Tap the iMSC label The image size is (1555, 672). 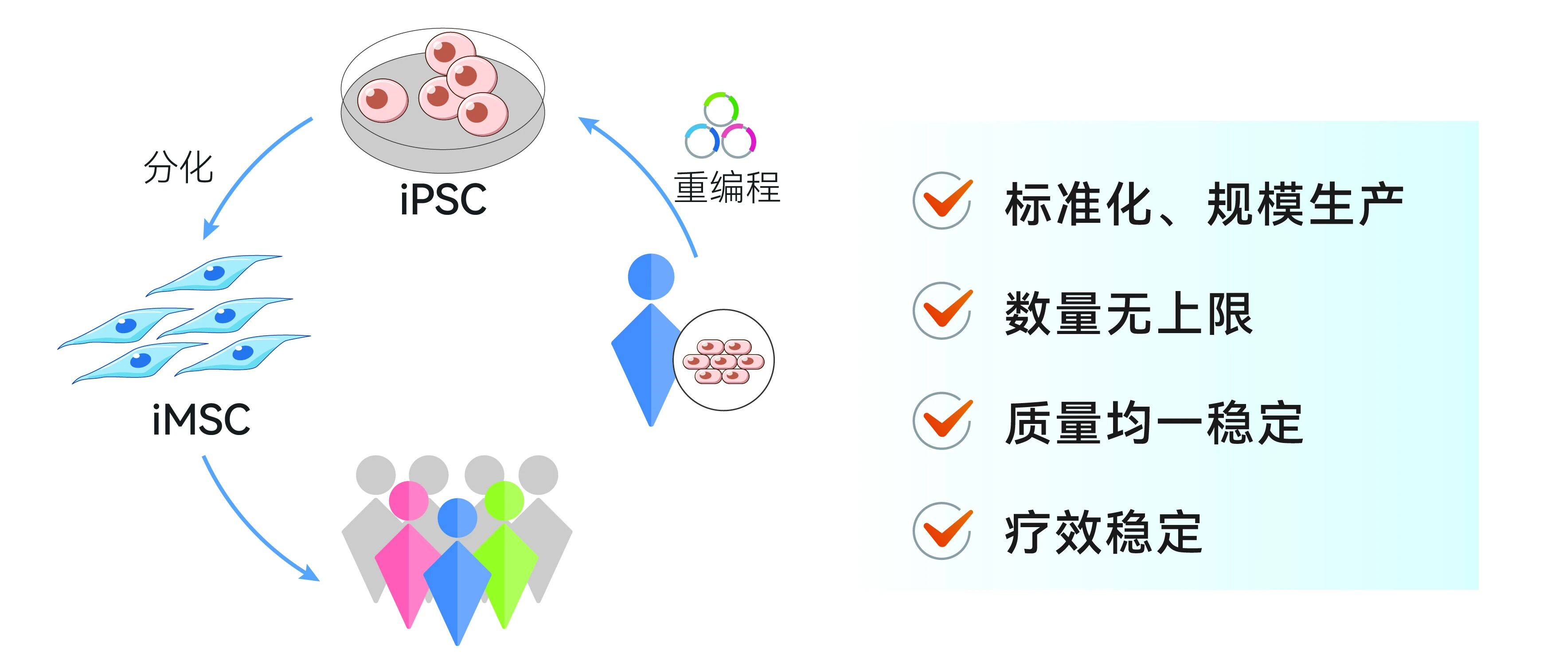pyautogui.click(x=201, y=419)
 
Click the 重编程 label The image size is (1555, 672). pyautogui.click(x=727, y=188)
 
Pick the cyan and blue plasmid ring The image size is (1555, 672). pyautogui.click(x=701, y=140)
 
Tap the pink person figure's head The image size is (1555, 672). pyautogui.click(x=409, y=501)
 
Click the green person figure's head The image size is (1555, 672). pyautogui.click(x=504, y=501)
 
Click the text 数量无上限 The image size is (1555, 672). pyautogui.click(x=1128, y=313)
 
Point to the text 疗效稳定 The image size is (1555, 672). pyautogui.click(x=1103, y=532)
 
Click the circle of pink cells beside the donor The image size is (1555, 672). pyautogui.click(x=723, y=361)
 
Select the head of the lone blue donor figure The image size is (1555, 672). pyautogui.click(x=651, y=276)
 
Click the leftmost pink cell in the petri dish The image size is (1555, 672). pyautogui.click(x=383, y=100)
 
